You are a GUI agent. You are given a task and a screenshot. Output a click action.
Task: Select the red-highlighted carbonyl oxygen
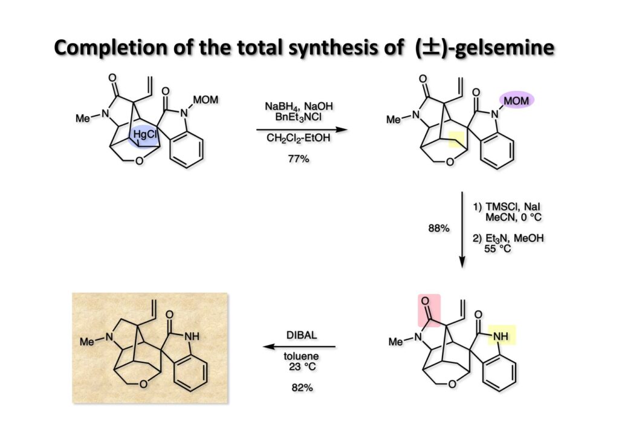click(x=429, y=301)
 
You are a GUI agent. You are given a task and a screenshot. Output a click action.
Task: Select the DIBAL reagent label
click(x=300, y=334)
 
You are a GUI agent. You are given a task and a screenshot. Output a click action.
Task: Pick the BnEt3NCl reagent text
click(x=295, y=116)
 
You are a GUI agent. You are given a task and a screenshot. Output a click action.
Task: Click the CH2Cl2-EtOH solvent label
click(x=294, y=142)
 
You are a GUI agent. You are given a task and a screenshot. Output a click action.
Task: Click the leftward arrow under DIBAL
click(x=299, y=347)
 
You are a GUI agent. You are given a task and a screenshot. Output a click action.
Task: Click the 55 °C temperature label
click(x=497, y=249)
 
